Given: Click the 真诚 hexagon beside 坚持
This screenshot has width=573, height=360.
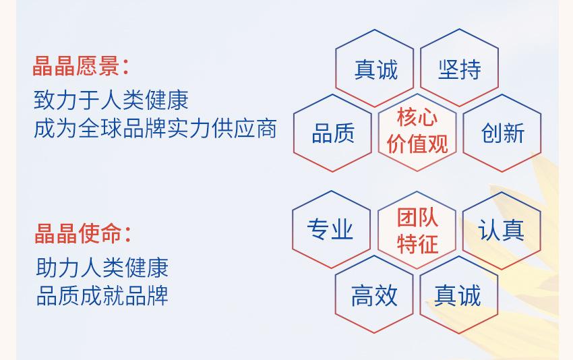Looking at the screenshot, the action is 375,68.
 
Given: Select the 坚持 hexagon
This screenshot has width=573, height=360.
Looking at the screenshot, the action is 459,68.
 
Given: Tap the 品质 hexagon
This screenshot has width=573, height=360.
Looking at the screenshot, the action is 332,133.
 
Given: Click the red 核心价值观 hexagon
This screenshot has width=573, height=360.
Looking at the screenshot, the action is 417,132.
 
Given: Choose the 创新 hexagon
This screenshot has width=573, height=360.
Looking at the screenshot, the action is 502,133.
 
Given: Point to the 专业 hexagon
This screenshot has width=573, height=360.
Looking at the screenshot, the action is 332,229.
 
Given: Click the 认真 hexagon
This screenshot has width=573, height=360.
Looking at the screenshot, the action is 502,231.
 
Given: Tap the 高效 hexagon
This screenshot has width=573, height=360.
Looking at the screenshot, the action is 374,295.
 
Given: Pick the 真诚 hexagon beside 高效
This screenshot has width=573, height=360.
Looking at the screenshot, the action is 459,295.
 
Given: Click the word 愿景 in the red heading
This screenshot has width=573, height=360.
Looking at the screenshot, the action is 98,66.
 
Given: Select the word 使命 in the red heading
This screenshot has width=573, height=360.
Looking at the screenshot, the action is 100,233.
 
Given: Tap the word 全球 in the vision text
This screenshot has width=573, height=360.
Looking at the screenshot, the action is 100,129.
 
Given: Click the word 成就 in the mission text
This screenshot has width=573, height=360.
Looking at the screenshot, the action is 102,296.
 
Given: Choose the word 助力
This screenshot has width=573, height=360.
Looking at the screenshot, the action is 58,268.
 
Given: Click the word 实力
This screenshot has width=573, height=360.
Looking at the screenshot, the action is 189,129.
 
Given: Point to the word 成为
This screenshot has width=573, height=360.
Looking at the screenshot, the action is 55,129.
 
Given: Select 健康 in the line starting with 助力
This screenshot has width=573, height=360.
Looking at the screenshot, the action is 146,268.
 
